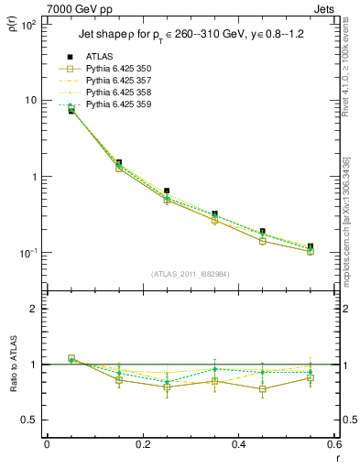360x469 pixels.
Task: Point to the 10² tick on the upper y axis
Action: pos(27,24)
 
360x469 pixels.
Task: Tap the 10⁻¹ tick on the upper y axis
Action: pos(27,253)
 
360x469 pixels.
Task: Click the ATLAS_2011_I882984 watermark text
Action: pos(190,274)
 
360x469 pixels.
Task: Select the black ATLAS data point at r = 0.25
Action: pos(167,191)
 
